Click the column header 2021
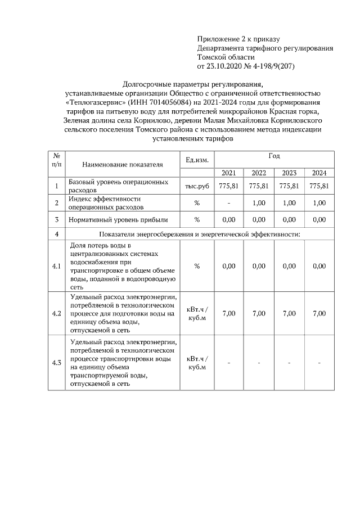[228, 173]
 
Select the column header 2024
[319, 173]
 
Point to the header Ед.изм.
[197, 160]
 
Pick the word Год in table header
[274, 155]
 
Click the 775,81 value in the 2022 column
[259, 186]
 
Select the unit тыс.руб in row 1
[197, 186]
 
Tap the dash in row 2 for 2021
[228, 202]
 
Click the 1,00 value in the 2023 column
[289, 202]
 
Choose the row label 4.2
[56, 313]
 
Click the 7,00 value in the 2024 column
[319, 313]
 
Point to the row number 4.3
[56, 363]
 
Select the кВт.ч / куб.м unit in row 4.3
[197, 363]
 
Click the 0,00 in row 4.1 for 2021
[228, 266]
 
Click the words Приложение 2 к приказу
[238, 39]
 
